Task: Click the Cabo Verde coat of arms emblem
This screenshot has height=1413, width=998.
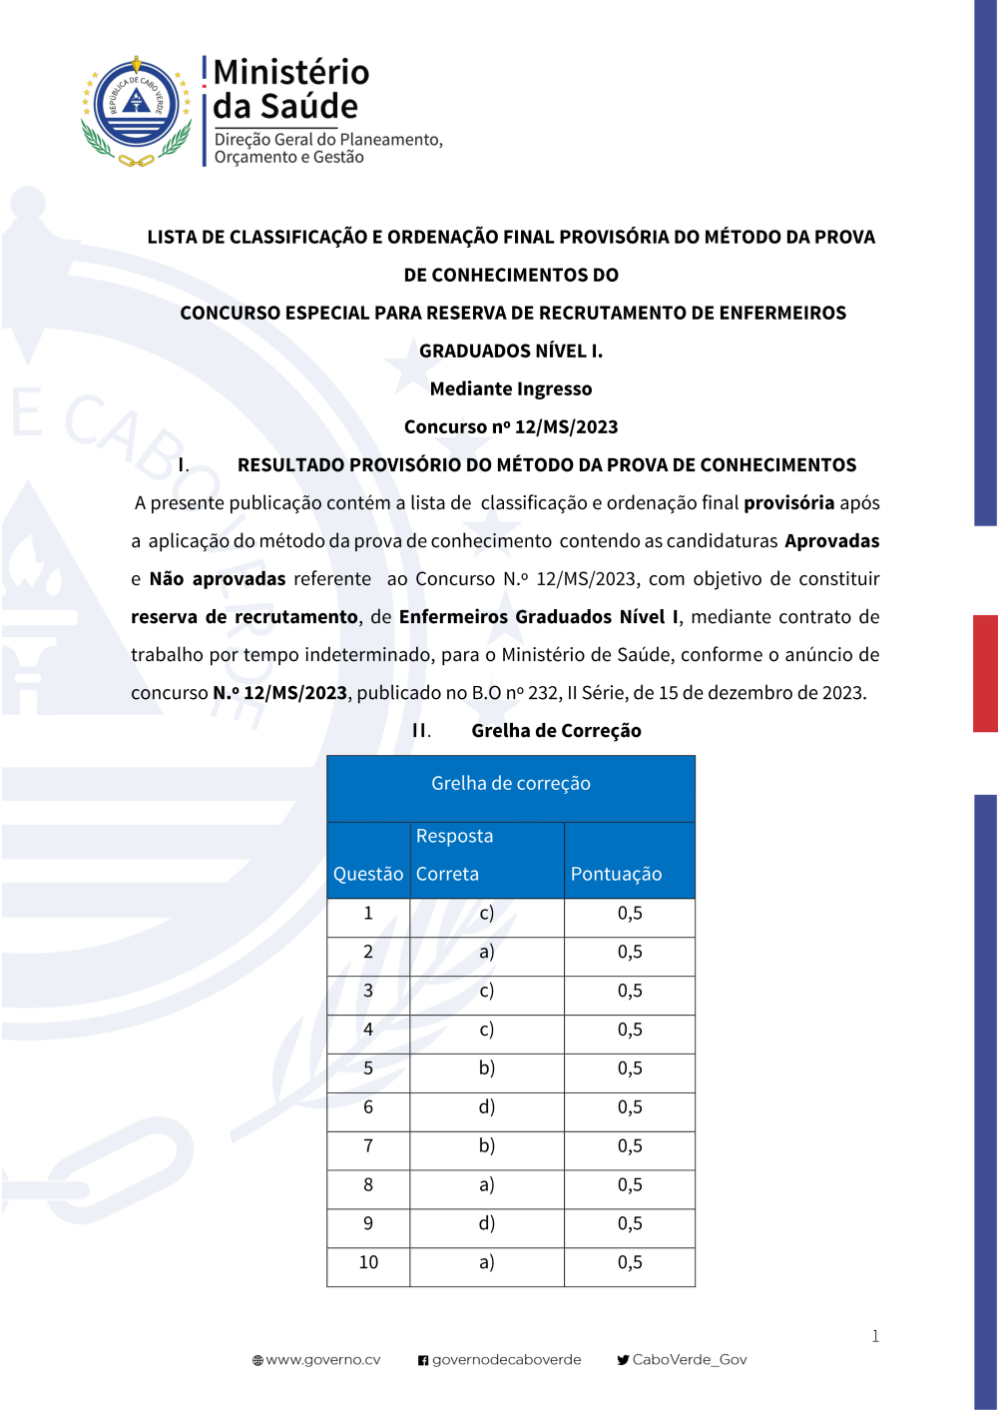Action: tap(136, 111)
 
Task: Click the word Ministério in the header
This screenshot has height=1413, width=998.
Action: tap(290, 72)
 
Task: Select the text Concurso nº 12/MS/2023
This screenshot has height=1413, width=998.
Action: tap(511, 427)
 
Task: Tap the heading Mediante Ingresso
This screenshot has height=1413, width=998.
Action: tap(511, 389)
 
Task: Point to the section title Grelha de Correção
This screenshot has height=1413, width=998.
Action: tap(556, 731)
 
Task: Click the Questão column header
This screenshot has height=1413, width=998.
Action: tap(368, 874)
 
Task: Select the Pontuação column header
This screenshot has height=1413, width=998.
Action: tap(616, 874)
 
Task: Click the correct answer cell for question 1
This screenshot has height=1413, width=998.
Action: tap(486, 914)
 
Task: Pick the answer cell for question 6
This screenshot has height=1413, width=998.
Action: tap(486, 1107)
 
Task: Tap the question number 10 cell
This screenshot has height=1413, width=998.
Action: tap(368, 1263)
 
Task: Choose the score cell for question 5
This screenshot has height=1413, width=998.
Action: tap(630, 1068)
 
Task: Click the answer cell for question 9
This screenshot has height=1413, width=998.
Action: tap(486, 1224)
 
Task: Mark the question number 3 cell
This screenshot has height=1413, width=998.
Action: tap(368, 992)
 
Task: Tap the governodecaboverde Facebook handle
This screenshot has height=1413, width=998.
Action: tap(506, 1360)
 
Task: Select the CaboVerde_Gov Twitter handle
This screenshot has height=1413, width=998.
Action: tap(689, 1360)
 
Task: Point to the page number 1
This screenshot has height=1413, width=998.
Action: tap(875, 1336)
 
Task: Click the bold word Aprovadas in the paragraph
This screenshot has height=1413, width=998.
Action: tap(831, 541)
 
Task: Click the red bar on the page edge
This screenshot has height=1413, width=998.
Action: tap(985, 673)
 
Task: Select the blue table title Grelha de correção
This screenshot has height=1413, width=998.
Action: tap(511, 784)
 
